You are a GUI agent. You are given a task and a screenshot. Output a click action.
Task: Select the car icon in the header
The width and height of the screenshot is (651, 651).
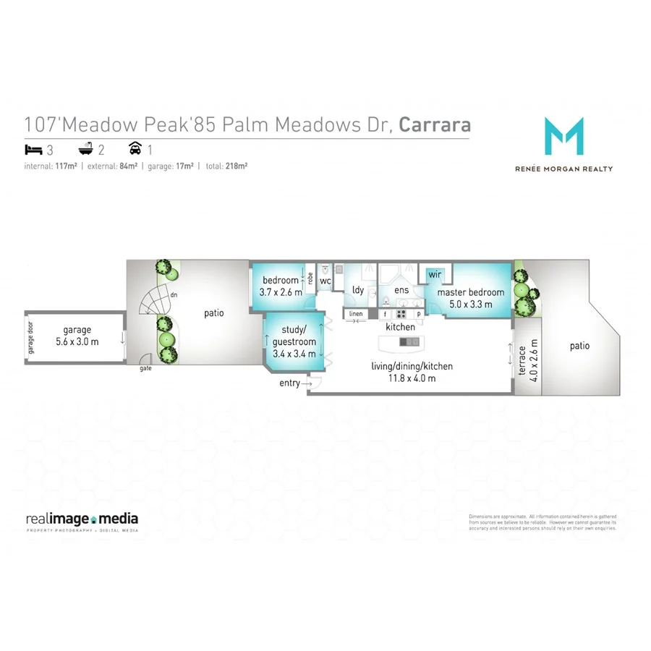point(134,150)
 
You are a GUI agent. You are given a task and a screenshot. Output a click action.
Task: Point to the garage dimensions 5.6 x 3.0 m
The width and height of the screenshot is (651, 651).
point(77,341)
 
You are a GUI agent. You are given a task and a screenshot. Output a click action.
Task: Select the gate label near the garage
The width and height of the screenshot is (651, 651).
point(145,368)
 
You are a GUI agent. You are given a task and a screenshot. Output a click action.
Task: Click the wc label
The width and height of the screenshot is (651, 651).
point(325,281)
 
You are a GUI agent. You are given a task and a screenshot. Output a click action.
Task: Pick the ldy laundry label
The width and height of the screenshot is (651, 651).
point(357,290)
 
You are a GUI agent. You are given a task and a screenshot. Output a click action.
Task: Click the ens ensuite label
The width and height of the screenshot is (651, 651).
point(401,291)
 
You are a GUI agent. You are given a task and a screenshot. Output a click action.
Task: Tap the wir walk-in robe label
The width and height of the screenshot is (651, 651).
point(435,275)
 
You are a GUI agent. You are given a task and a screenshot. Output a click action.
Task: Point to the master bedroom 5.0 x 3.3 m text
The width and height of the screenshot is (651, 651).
point(470,305)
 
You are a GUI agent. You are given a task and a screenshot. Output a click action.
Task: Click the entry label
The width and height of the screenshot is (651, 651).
point(289,383)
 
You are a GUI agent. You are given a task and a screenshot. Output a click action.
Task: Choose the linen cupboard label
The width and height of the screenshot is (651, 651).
point(355,314)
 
